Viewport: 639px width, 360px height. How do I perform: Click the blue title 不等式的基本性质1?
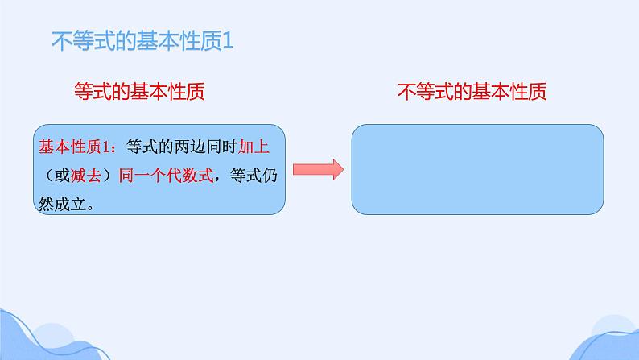(x=141, y=40)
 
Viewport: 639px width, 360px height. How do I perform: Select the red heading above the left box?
(x=138, y=91)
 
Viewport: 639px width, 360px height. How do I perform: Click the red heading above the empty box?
(x=472, y=91)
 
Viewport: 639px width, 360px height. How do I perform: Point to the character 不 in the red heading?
(x=406, y=91)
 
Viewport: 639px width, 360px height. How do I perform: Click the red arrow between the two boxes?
(x=318, y=169)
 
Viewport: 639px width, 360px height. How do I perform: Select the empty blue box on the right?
(x=478, y=169)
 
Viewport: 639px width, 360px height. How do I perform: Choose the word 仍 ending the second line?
(x=274, y=176)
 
